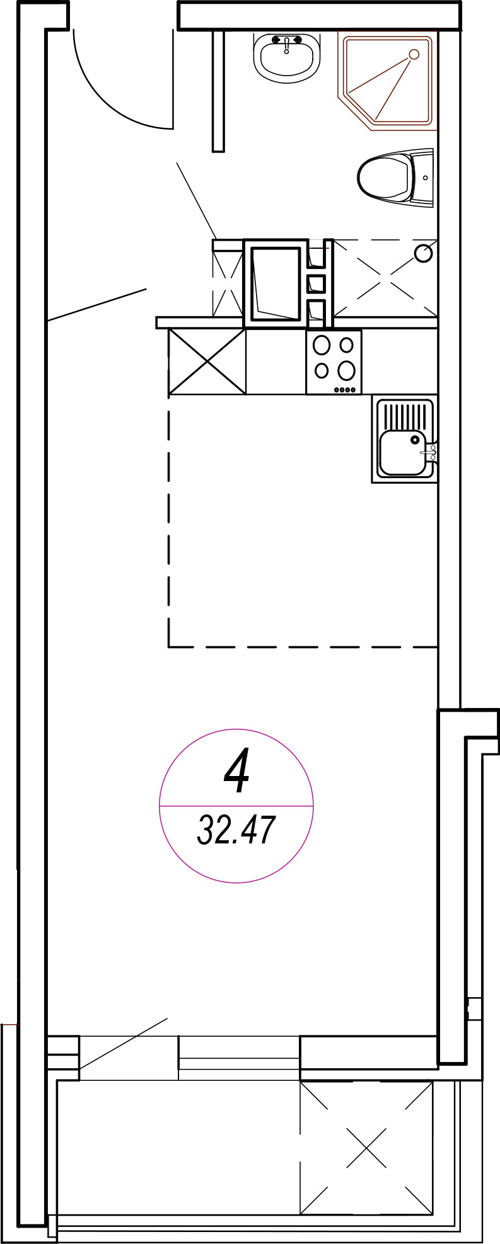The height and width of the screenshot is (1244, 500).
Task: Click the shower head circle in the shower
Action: [x=414, y=55]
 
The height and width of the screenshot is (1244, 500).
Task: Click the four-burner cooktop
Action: [x=334, y=363]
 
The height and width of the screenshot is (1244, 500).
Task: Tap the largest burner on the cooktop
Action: [x=346, y=370]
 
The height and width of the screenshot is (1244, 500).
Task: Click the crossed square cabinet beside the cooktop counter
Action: [x=207, y=362]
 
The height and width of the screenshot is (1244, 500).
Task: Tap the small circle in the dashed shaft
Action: [x=424, y=253]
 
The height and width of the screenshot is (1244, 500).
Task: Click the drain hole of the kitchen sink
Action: [x=415, y=440]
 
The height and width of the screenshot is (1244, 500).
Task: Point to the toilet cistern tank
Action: [x=422, y=178]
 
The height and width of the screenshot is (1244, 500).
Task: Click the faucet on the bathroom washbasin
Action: [x=286, y=43]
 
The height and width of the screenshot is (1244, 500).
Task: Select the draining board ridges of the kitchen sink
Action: [x=405, y=416]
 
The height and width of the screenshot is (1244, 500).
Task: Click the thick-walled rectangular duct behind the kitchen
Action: [x=276, y=283]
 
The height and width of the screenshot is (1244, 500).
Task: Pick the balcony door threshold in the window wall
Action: [x=239, y=1058]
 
